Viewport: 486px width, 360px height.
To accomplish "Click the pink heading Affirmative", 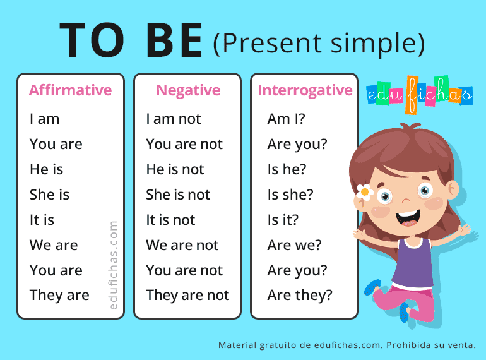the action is (70, 90).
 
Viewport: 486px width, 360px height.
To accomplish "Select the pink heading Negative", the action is (188, 91).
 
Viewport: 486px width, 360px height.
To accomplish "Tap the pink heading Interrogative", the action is (305, 91).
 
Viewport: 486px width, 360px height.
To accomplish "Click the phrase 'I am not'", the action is (174, 119).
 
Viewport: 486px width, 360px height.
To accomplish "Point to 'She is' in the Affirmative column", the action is (49, 195).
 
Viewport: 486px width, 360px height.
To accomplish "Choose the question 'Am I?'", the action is (286, 119).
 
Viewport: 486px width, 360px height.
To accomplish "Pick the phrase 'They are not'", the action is (187, 295).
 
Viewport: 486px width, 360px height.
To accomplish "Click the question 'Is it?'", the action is (283, 220).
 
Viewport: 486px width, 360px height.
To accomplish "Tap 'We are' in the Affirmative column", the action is (54, 245).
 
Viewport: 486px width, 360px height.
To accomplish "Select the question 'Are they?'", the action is (300, 295).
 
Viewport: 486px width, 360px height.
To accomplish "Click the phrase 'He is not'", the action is (175, 169).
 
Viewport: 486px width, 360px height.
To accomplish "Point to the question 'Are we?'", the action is (295, 245).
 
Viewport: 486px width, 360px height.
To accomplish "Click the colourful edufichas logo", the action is (419, 94).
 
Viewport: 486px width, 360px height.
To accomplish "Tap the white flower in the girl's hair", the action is (365, 192).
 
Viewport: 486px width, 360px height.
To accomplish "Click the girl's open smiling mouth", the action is (408, 217).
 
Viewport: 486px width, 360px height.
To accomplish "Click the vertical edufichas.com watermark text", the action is (114, 265).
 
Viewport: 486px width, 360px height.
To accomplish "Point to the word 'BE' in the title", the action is (174, 40).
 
